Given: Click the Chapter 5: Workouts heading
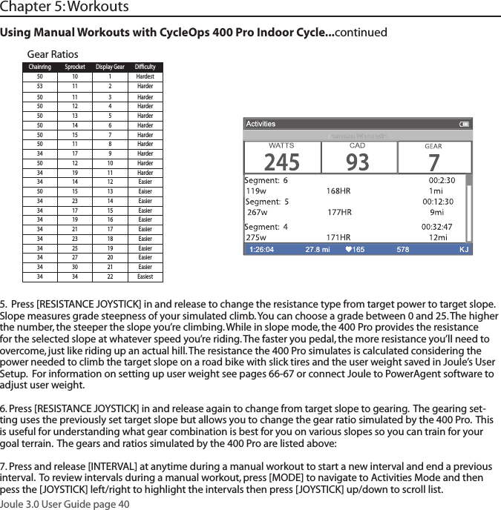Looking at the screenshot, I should click(x=65, y=7).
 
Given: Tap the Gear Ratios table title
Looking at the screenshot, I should click(x=52, y=54).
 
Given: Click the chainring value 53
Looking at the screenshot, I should click(x=39, y=86).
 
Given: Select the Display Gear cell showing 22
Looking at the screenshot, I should click(x=110, y=276).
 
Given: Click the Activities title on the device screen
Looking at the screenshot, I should click(x=261, y=124).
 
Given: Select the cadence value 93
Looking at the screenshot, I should click(x=358, y=161).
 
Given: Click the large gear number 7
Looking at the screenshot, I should click(x=433, y=161).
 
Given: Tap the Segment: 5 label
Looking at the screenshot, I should click(x=267, y=201).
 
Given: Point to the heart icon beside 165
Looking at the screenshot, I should click(x=350, y=250).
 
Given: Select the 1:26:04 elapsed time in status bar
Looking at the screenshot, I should click(x=261, y=250).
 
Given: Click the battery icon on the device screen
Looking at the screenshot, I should click(x=465, y=124).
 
